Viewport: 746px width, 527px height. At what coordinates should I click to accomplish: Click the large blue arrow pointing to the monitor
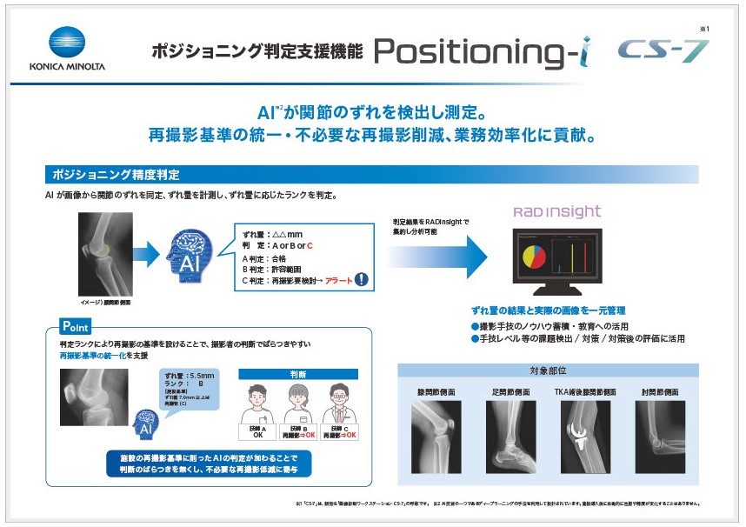pyautogui.click(x=438, y=254)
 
